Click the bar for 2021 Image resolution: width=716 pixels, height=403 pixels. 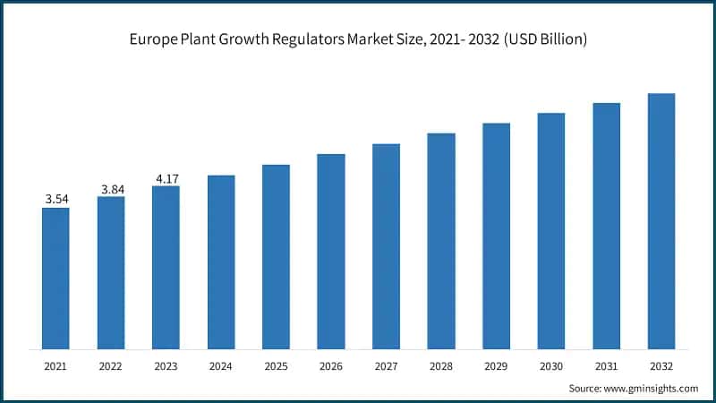click(55, 278)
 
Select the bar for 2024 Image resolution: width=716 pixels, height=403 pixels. click(221, 262)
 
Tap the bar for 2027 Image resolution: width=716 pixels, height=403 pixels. click(386, 245)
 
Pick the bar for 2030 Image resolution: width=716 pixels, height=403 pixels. click(551, 230)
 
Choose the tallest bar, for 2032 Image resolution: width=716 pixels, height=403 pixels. click(661, 220)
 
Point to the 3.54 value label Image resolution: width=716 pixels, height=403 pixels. click(55, 199)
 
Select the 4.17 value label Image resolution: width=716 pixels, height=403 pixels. click(166, 178)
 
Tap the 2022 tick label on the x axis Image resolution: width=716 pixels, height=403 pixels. click(111, 366)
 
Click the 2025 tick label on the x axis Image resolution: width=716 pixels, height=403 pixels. click(276, 366)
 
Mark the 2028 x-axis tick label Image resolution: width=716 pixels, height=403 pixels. click(441, 366)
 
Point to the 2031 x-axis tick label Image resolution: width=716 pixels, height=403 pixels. click(606, 366)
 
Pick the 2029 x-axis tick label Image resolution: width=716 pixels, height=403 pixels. click(496, 366)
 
